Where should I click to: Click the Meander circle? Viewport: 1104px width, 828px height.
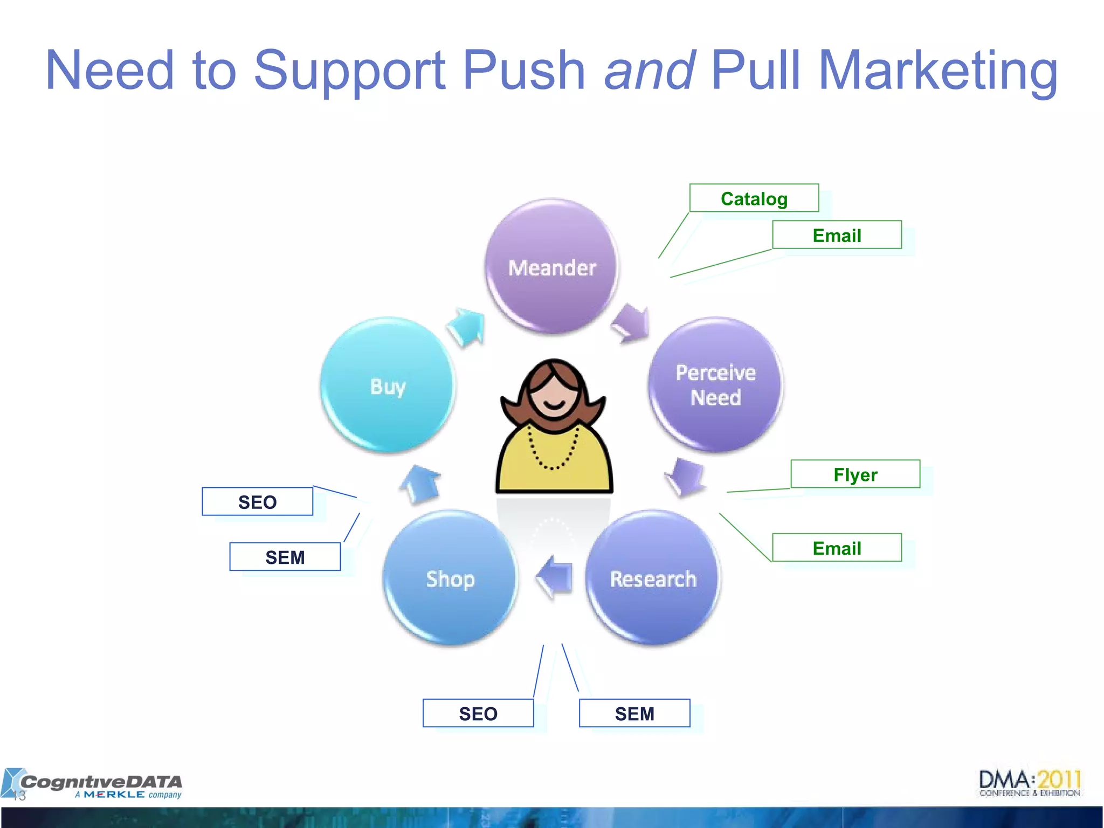click(x=551, y=266)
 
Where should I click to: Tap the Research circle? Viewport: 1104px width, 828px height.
click(x=653, y=578)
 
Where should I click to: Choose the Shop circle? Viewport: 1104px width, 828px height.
click(x=450, y=578)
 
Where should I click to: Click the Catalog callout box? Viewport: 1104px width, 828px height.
click(x=754, y=198)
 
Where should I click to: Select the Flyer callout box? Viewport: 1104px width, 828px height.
click(x=855, y=474)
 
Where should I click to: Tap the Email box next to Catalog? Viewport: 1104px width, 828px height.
click(x=837, y=235)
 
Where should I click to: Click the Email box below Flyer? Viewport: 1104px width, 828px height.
click(x=837, y=548)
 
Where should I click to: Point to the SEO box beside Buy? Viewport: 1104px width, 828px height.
click(x=257, y=502)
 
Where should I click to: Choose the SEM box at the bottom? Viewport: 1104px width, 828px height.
click(x=634, y=713)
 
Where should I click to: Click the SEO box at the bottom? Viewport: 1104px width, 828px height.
click(x=478, y=713)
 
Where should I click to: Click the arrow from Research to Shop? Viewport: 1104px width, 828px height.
click(x=555, y=577)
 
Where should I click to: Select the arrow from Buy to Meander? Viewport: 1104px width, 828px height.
click(x=467, y=327)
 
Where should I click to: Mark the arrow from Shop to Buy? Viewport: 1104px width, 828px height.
click(x=421, y=484)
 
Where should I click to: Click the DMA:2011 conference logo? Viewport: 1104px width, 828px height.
click(x=1030, y=783)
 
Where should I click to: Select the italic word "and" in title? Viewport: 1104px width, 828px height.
click(x=649, y=70)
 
